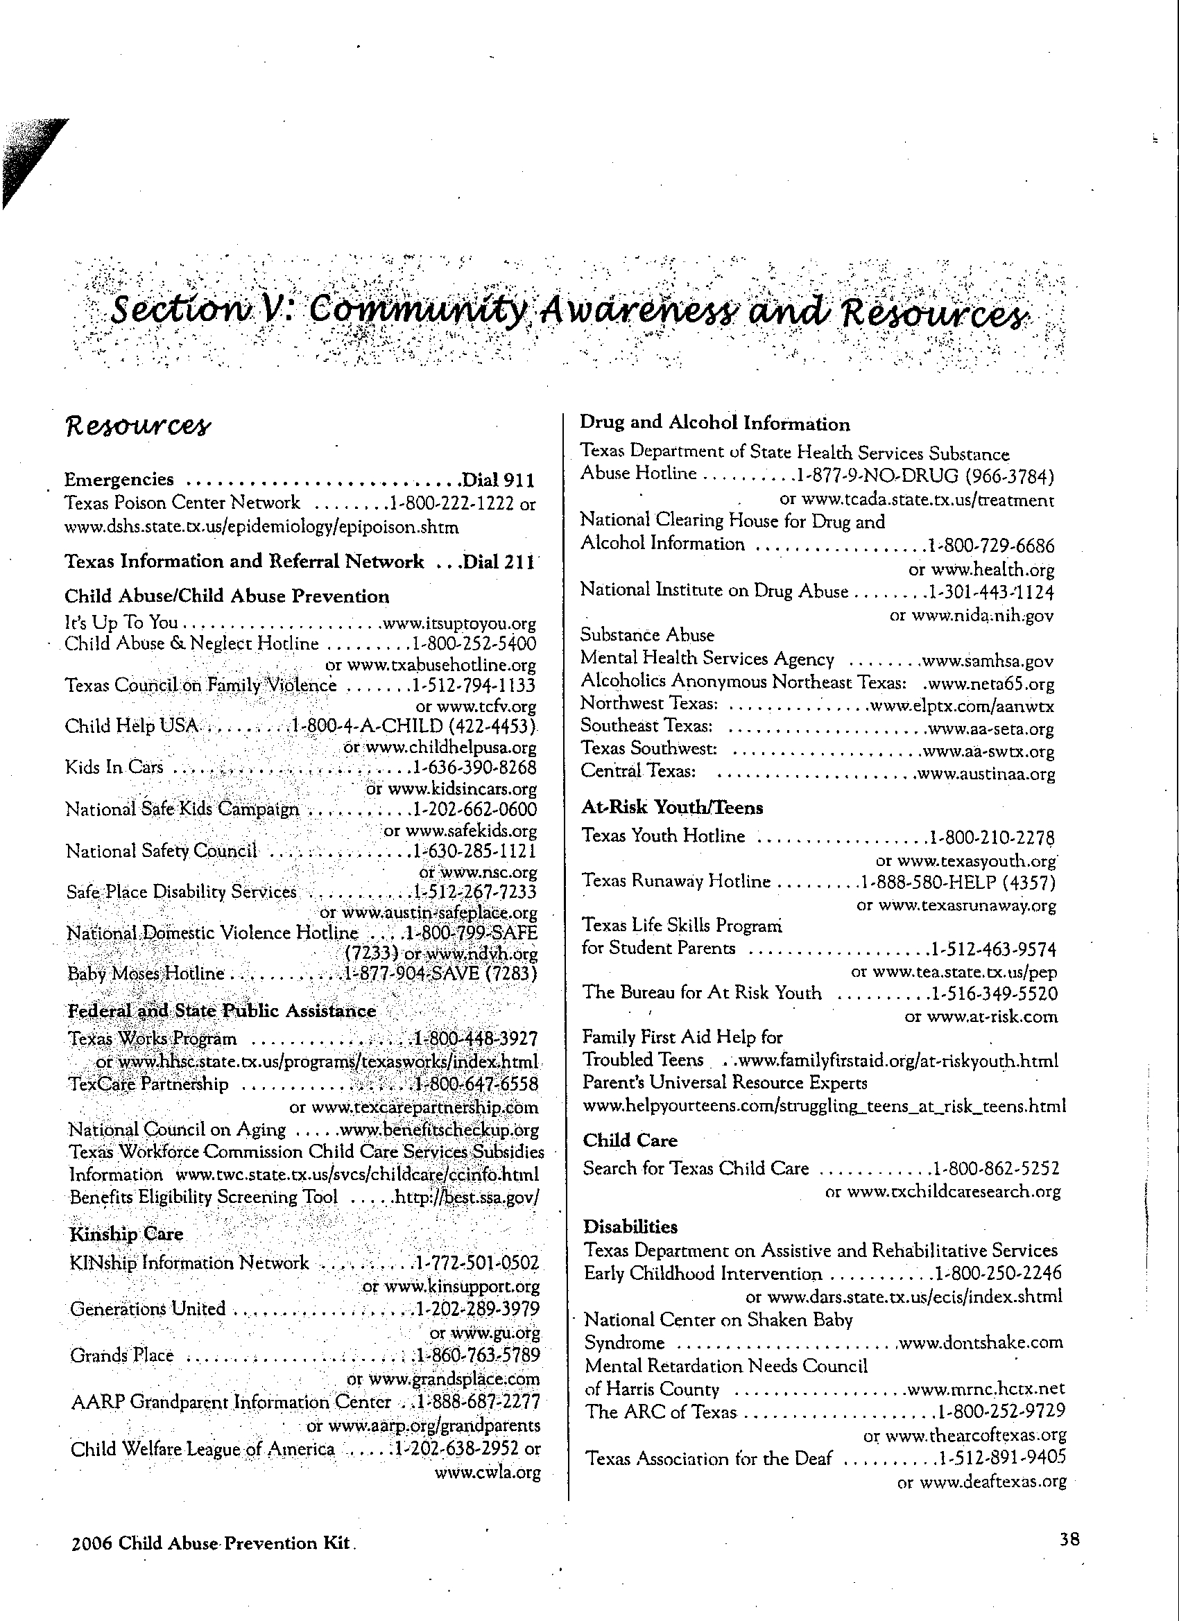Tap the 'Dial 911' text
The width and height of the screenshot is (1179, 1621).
(x=499, y=480)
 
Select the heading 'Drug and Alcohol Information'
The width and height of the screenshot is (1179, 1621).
(x=714, y=424)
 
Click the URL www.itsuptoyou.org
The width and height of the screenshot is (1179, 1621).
(x=459, y=624)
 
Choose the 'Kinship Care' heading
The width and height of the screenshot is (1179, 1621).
(x=126, y=1234)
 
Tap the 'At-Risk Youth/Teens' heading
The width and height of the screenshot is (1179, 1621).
(x=672, y=808)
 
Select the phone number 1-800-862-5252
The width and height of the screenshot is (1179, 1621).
(x=995, y=1168)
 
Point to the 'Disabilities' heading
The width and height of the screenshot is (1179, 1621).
(x=630, y=1227)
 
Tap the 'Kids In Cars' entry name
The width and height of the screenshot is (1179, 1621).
(x=114, y=768)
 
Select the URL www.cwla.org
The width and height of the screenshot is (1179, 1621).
(x=488, y=1473)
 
